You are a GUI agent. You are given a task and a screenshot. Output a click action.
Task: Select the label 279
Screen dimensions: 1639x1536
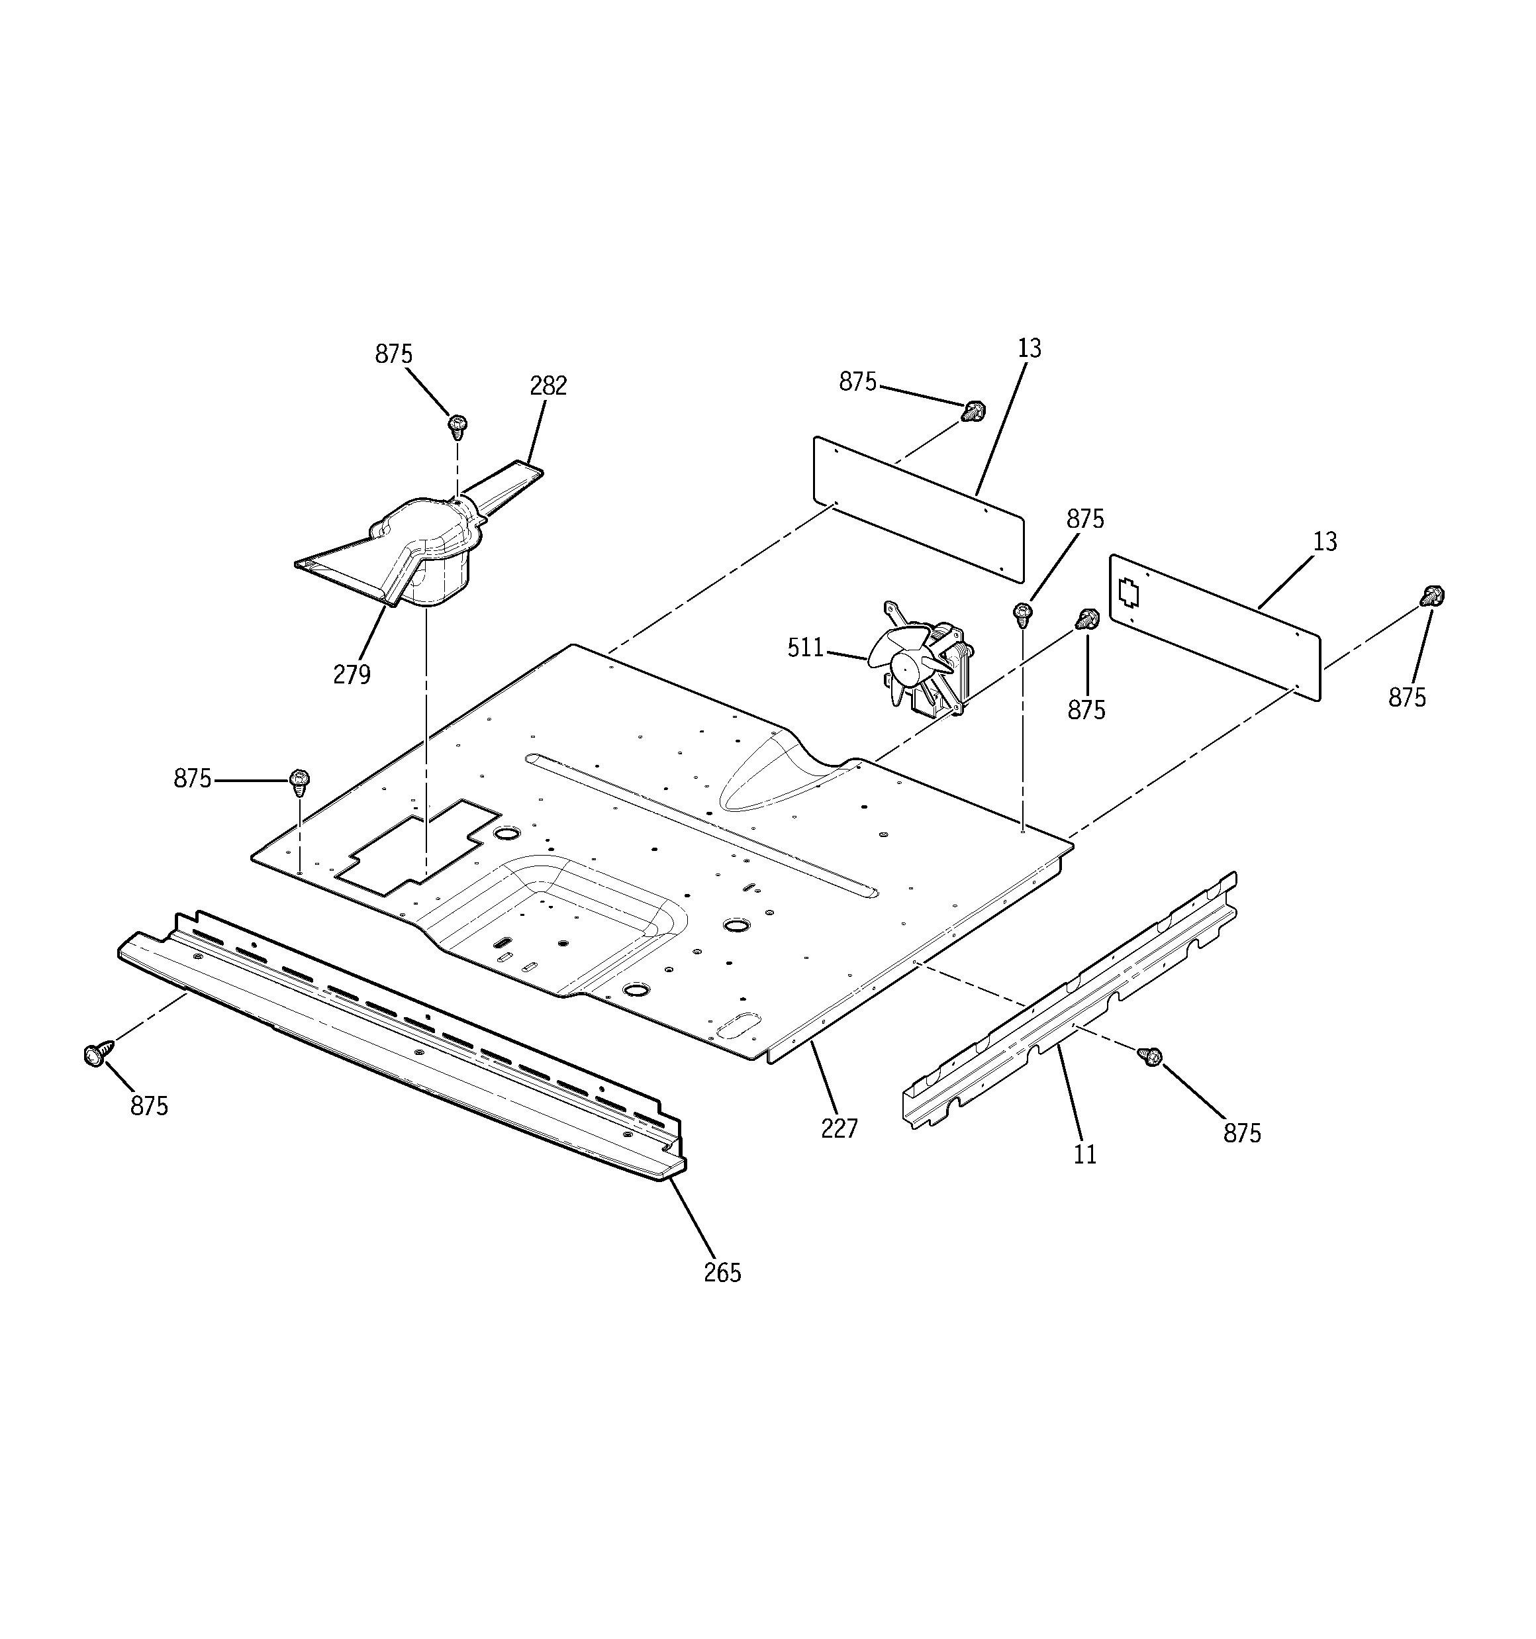point(352,674)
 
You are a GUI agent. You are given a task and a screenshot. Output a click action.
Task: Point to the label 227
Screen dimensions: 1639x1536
point(840,1128)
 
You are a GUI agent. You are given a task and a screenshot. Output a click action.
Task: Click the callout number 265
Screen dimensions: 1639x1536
point(722,1273)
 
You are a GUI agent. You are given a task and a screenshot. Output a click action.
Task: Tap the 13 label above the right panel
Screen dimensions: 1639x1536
point(1324,542)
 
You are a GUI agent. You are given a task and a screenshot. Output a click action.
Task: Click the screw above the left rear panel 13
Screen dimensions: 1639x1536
point(975,410)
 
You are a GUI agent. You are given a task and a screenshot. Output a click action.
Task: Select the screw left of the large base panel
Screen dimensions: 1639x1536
point(300,780)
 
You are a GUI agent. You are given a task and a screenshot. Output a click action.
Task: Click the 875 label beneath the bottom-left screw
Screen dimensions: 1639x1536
point(149,1106)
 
